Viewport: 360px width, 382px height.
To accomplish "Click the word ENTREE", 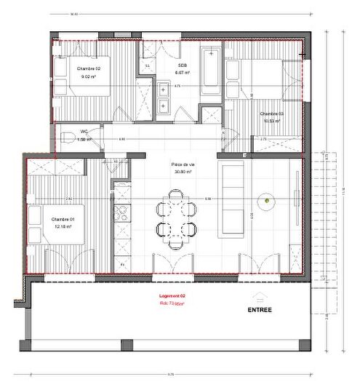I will click(x=260, y=309).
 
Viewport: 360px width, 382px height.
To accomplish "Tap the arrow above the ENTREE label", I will click(x=260, y=296).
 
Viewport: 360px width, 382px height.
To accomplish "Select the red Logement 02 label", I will click(x=172, y=296).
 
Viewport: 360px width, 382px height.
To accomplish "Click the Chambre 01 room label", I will click(x=63, y=218).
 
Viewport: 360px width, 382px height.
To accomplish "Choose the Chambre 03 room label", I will click(x=271, y=114).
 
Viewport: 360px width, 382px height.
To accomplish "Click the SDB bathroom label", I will click(x=182, y=65).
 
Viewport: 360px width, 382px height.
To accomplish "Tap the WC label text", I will click(x=84, y=132).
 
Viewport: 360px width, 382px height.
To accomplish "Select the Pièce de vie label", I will click(x=181, y=165).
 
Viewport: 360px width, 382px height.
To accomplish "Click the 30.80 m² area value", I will click(x=181, y=172).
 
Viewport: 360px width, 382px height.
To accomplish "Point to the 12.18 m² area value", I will click(x=63, y=226).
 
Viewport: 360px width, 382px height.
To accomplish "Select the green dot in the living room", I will click(x=268, y=200).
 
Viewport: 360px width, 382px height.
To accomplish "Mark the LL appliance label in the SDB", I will click(x=148, y=65).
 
